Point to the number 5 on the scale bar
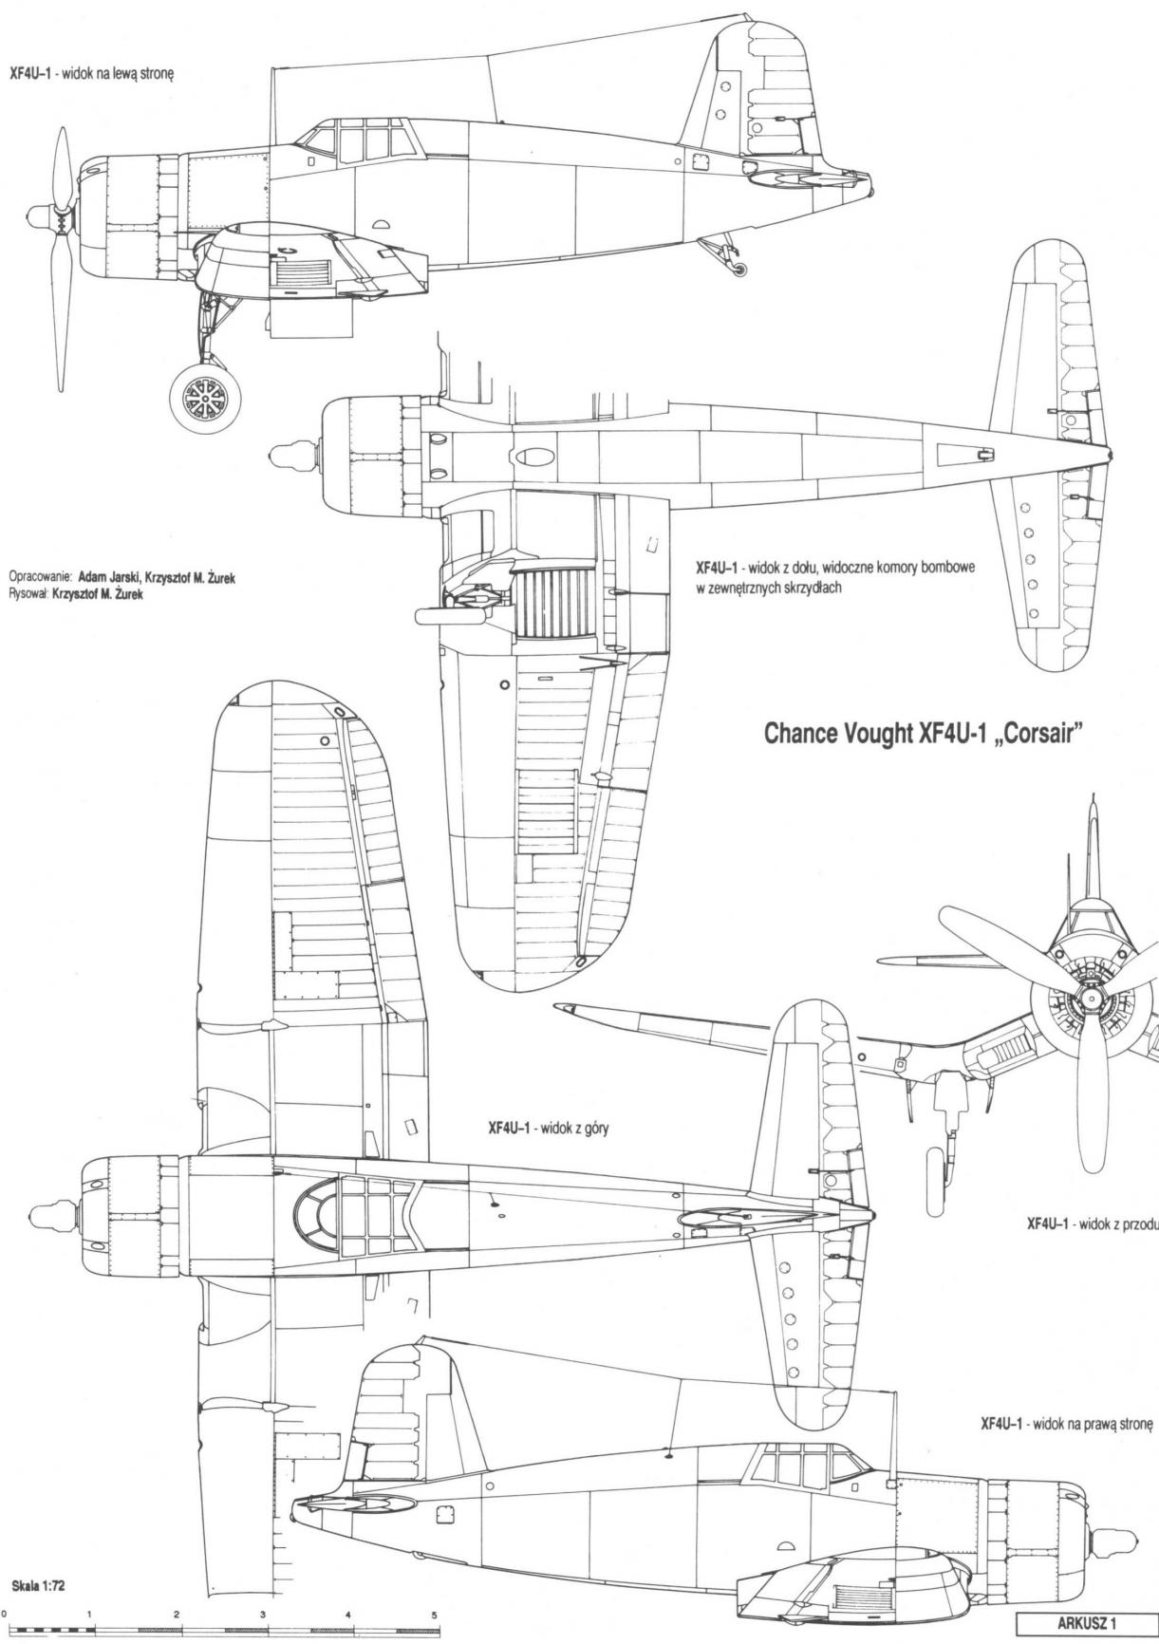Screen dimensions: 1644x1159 click(x=434, y=1614)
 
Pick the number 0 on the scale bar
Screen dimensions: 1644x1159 click(x=4, y=1614)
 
